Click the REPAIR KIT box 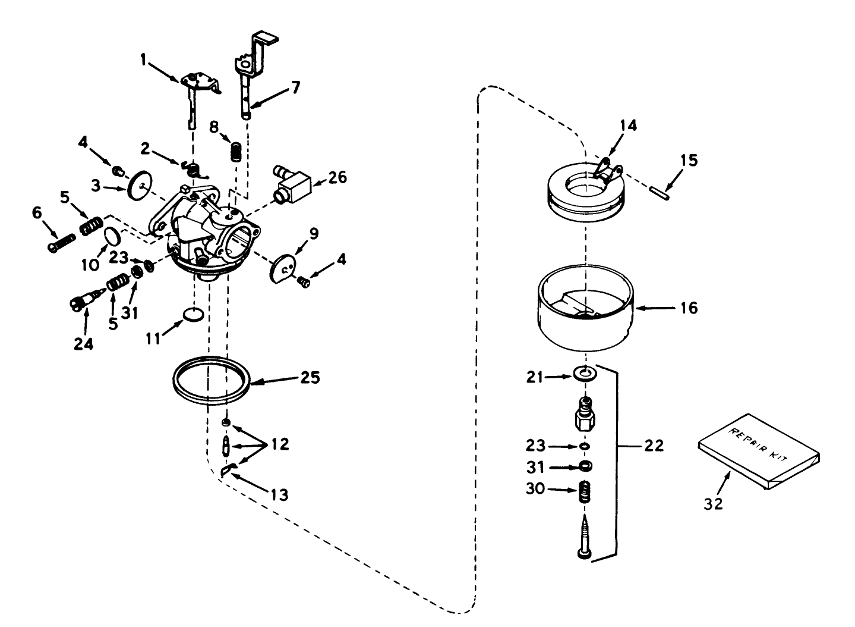pyautogui.click(x=759, y=450)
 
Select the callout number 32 pyautogui.click(x=713, y=503)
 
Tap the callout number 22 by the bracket pyautogui.click(x=653, y=445)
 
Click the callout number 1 pyautogui.click(x=143, y=59)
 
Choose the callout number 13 pyautogui.click(x=279, y=494)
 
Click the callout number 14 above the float pyautogui.click(x=628, y=126)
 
